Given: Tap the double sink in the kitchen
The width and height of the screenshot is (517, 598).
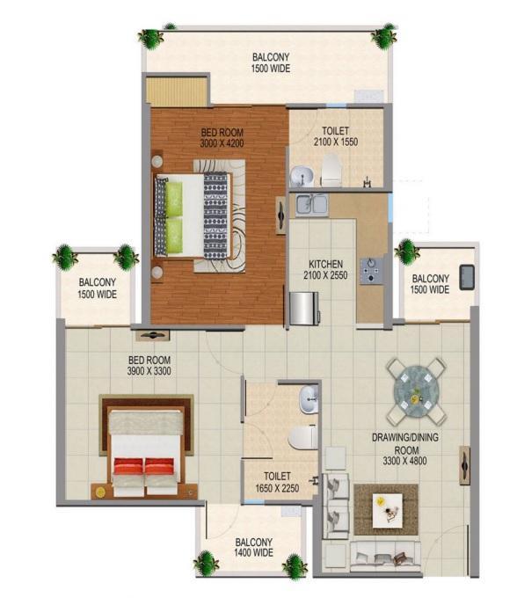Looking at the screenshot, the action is (312, 204).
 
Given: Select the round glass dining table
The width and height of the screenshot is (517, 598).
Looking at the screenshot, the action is (416, 391).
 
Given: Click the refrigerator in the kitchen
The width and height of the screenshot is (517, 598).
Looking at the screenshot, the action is (304, 308).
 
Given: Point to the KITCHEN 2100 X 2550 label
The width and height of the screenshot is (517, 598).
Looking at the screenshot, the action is (325, 270).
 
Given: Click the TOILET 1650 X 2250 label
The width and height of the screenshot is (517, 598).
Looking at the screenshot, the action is (277, 482).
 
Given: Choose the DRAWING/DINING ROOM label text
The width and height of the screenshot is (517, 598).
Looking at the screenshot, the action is (405, 443).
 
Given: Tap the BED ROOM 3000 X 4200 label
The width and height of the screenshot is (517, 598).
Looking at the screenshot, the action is (222, 138).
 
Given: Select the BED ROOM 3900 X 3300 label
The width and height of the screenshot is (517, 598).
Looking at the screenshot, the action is (149, 365).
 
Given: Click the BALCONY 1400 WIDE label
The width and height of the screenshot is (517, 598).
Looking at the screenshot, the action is (254, 547).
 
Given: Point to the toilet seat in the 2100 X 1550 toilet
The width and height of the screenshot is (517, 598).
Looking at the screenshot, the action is (331, 170).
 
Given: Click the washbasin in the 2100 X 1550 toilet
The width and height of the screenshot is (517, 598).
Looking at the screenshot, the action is (302, 176).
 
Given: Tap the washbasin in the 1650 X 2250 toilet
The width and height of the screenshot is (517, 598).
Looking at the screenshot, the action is (309, 399).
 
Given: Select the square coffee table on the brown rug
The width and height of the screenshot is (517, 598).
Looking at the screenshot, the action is (388, 511).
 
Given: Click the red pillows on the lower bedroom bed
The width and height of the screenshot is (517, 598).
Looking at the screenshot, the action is (144, 466).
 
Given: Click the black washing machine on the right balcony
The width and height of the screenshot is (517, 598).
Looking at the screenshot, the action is (467, 277).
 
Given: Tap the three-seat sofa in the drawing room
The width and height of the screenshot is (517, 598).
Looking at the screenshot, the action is (385, 557).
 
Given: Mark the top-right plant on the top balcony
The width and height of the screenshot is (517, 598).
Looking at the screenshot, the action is (384, 36).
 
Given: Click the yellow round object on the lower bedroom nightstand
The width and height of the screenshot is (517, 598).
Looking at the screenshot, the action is (100, 492).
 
